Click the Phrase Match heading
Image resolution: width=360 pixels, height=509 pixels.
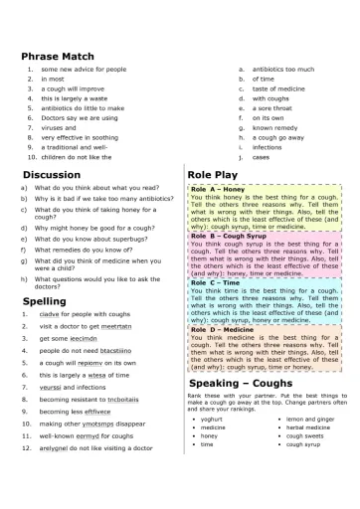pos(58,57)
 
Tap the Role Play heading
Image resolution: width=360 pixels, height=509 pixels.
pos(212,174)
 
